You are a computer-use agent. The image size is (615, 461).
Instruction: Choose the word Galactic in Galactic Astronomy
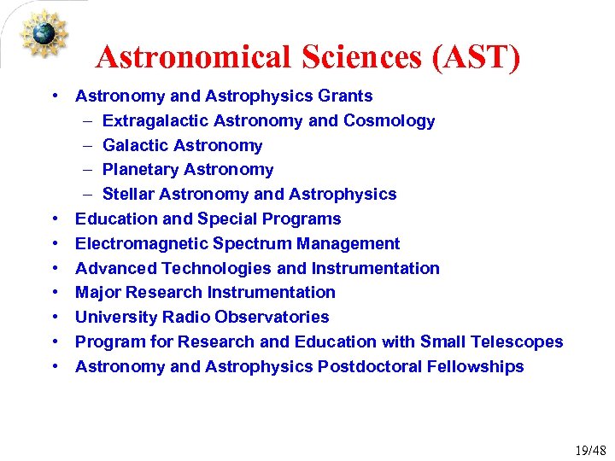(x=136, y=145)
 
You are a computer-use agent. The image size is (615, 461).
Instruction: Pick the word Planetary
(x=140, y=169)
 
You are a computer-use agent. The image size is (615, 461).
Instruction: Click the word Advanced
(x=115, y=268)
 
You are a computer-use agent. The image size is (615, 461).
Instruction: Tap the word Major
(x=98, y=292)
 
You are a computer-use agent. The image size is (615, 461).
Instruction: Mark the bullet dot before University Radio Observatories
(x=54, y=317)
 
